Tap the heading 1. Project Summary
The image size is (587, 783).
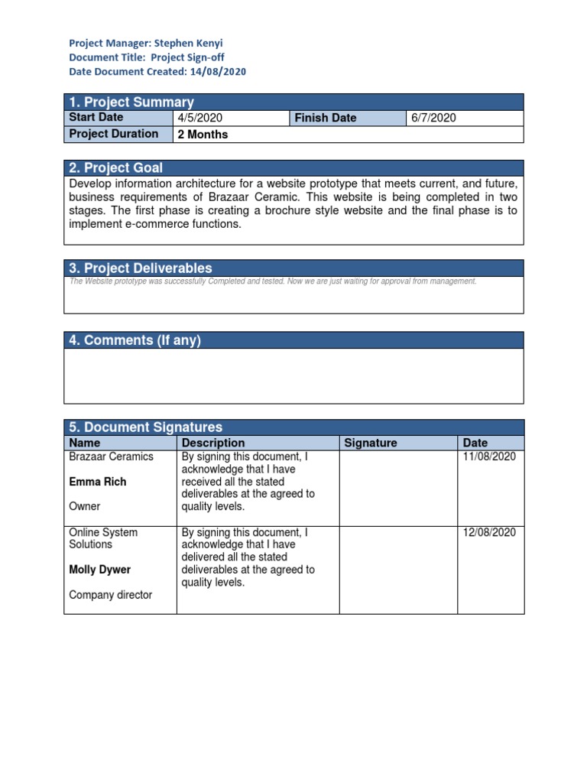[131, 102]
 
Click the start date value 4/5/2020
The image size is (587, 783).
[199, 118]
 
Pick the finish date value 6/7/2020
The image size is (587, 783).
[433, 118]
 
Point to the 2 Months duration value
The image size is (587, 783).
[203, 135]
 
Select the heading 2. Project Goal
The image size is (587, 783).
[116, 168]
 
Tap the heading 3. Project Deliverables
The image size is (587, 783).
[141, 268]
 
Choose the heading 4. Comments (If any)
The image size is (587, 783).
[135, 340]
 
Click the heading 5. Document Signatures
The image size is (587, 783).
[146, 427]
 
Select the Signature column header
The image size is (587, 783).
[371, 443]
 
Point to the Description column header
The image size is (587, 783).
[213, 443]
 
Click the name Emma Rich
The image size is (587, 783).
[98, 482]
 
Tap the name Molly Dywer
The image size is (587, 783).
[100, 570]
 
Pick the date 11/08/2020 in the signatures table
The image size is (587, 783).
[490, 456]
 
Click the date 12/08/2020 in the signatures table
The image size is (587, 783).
[490, 532]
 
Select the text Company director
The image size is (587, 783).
[111, 595]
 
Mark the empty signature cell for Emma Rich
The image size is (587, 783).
[397, 488]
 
